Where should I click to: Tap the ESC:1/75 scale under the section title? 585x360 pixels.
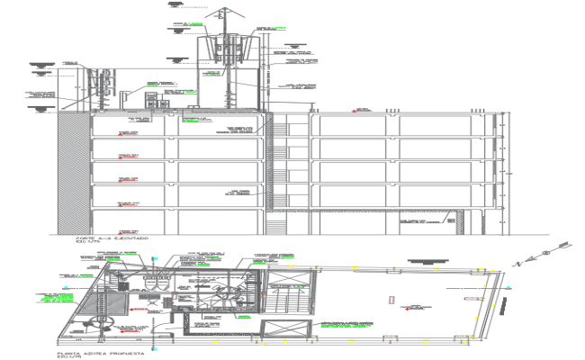tap(87, 243)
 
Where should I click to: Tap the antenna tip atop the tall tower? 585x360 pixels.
tap(223, 6)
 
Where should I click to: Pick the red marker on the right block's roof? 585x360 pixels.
tap(355, 110)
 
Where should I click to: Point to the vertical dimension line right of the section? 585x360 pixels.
tap(509, 171)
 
